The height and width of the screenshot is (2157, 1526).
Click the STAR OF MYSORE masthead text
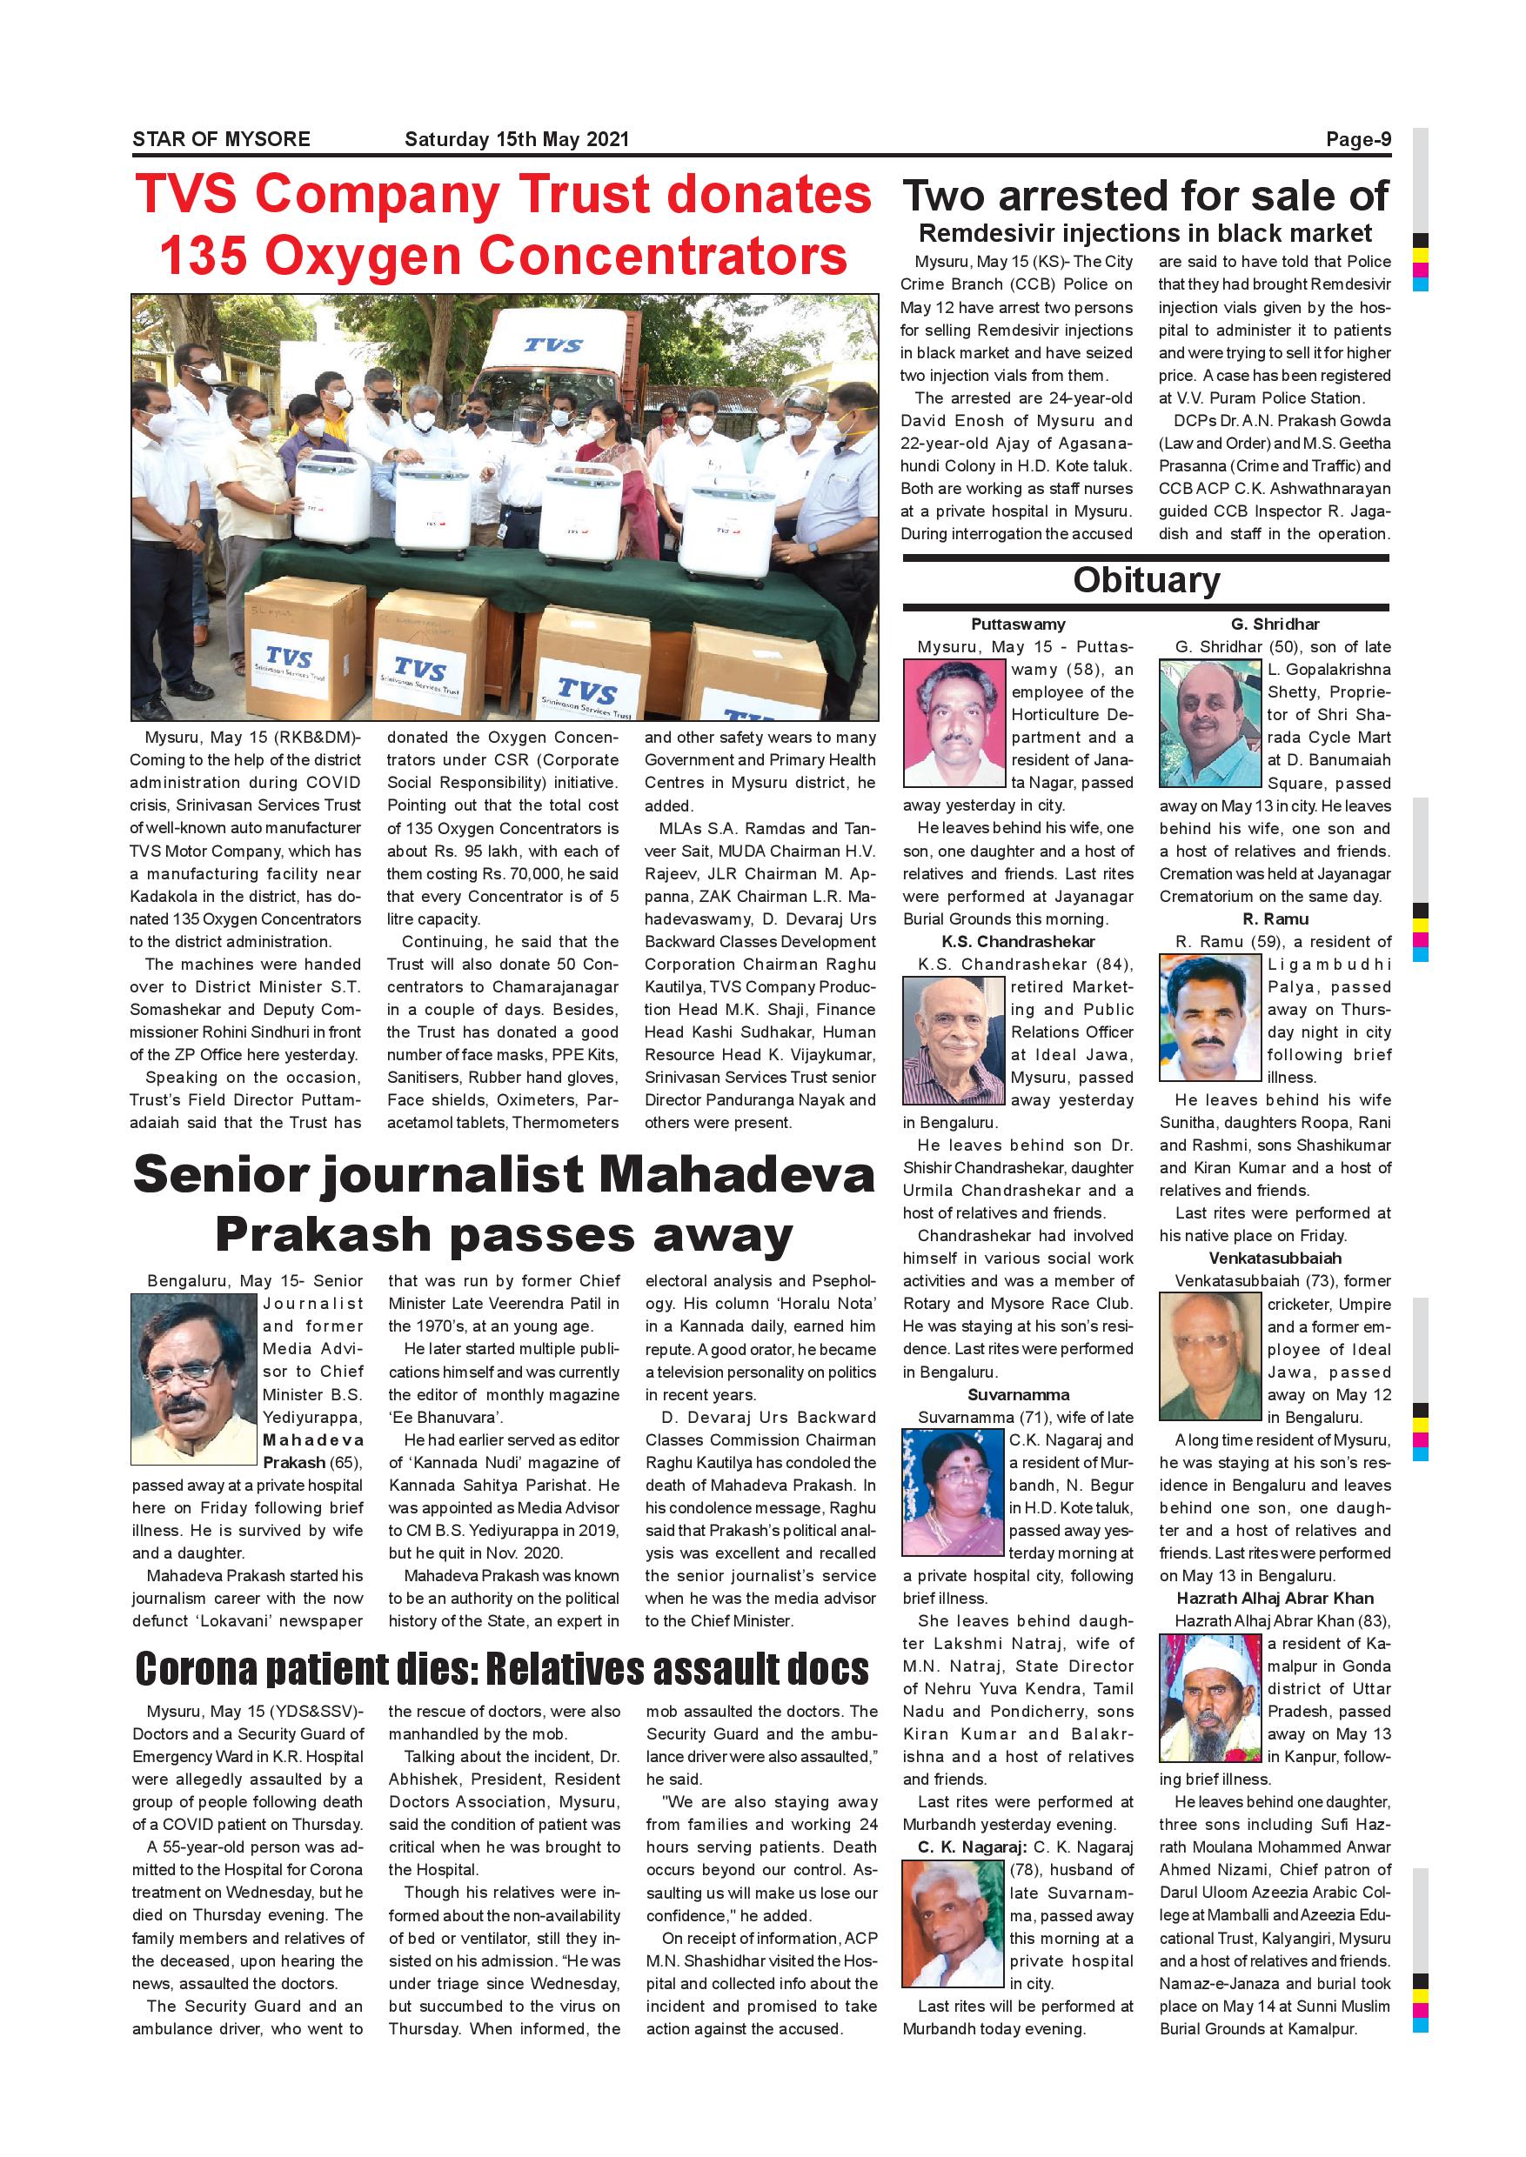(221, 139)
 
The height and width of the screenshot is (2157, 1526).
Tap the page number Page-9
(1358, 139)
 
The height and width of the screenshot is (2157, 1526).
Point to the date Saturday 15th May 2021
(516, 139)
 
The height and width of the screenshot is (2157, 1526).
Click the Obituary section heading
(1146, 579)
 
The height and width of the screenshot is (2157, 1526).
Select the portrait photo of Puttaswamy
(954, 723)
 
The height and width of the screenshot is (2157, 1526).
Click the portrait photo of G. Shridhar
(1210, 723)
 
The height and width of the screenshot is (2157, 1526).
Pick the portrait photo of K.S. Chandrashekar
(954, 1040)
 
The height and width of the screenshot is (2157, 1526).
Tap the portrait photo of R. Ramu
(1210, 1018)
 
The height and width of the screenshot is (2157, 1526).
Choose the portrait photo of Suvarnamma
(952, 1493)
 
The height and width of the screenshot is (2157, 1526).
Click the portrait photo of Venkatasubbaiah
(1210, 1357)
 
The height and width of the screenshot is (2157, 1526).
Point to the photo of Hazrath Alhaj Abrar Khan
(1210, 1697)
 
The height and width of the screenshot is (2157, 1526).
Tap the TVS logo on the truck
(552, 345)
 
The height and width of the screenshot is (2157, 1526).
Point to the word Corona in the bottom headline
(196, 1668)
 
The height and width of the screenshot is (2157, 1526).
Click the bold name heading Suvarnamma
(1019, 1395)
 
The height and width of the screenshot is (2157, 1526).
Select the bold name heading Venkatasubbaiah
(1275, 1258)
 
